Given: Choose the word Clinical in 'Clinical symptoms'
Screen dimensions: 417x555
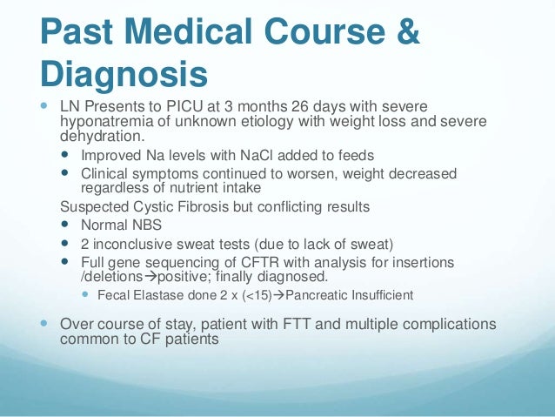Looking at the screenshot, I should [x=105, y=174].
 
